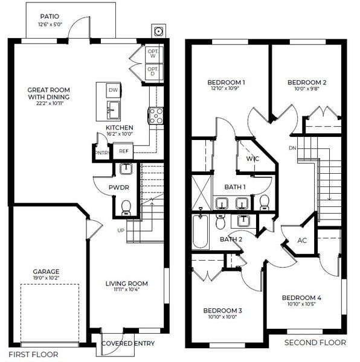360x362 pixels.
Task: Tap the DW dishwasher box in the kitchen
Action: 112,91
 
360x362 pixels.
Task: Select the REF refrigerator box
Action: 123,151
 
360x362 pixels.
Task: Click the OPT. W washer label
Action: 153,54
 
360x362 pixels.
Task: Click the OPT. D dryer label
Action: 153,71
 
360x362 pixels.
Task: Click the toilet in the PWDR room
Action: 126,208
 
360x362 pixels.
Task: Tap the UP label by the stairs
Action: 121,230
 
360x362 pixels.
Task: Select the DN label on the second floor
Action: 292,148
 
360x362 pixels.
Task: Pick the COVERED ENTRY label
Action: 127,344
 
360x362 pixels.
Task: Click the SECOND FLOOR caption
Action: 315,343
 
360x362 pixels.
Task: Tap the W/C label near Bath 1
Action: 252,159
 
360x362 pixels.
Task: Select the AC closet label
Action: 302,240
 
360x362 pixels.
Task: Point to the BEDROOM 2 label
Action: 307,83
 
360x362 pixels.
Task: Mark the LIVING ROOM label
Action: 127,284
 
